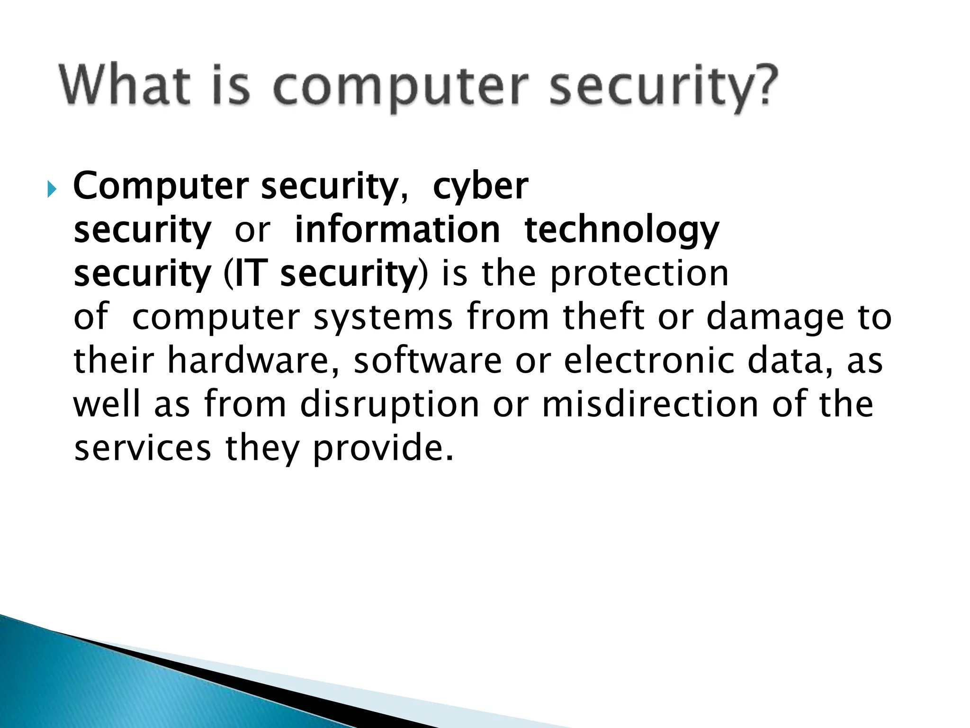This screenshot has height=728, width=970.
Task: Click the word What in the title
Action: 123,88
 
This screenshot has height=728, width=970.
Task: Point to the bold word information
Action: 397,230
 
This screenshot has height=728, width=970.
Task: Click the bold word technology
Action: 621,230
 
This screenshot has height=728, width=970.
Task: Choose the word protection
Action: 639,274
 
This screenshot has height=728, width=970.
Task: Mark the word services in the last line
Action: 143,448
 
